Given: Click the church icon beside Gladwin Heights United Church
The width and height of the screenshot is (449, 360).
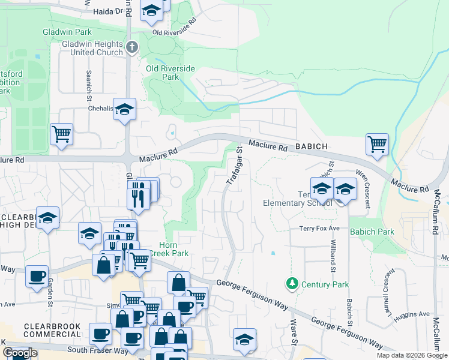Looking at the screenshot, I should [x=133, y=46].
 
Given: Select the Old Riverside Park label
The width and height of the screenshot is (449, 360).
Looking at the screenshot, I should [x=171, y=73].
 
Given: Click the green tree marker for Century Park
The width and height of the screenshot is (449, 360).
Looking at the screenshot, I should [x=292, y=283].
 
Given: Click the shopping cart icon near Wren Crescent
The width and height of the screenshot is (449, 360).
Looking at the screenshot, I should [x=377, y=144].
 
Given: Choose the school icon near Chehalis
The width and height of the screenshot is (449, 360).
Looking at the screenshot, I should [x=124, y=109].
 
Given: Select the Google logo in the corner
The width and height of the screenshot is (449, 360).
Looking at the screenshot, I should [x=19, y=353].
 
